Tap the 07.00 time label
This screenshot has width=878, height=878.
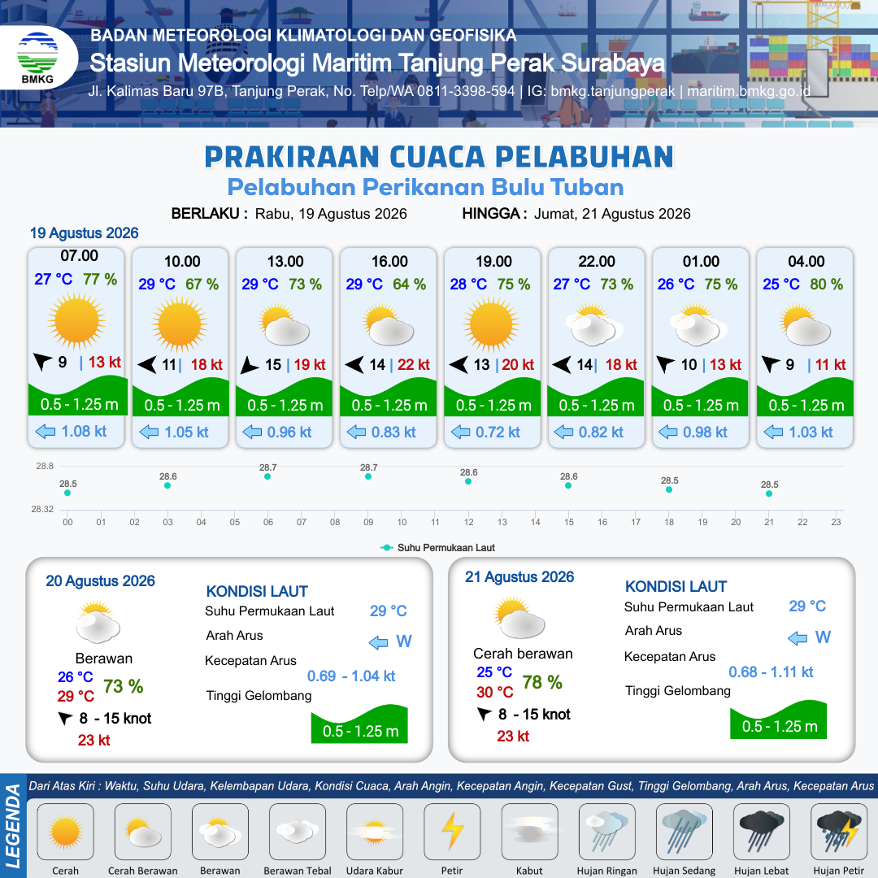point(80,256)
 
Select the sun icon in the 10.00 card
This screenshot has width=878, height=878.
point(179,324)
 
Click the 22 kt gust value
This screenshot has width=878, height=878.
point(414,364)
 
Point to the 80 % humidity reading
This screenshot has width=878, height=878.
point(827,284)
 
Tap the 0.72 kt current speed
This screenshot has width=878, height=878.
point(498,432)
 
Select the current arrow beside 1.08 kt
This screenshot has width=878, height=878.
point(46,431)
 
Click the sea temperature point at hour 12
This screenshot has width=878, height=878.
point(468,481)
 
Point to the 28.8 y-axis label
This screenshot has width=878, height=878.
point(45,466)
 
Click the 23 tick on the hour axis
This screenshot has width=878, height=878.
point(836,522)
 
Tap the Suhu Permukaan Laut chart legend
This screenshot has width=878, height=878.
point(438,548)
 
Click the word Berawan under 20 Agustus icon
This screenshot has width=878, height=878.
point(104,658)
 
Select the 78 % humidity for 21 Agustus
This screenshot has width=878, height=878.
point(542,682)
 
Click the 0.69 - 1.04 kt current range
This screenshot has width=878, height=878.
point(351,676)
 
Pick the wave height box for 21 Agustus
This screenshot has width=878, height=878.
point(778,719)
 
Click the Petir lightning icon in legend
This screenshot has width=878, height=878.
point(453,831)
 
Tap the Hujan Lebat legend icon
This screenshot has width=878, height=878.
point(762,831)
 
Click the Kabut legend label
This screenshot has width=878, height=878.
point(529,871)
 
